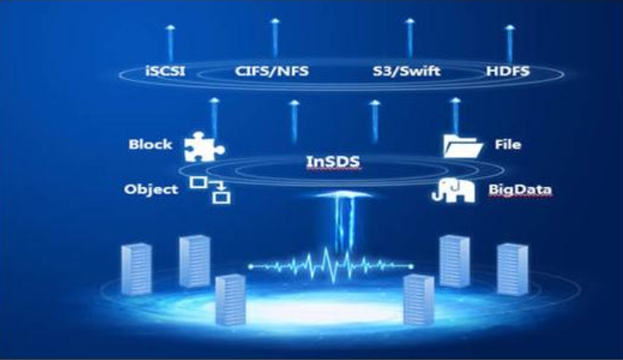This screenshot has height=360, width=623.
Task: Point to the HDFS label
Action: click(507, 73)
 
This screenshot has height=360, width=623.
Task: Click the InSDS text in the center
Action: click(333, 162)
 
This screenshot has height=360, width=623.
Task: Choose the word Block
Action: click(150, 145)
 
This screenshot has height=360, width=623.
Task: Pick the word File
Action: click(508, 145)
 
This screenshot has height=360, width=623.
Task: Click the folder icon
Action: click(462, 146)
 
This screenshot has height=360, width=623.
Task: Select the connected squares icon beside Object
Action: click(210, 190)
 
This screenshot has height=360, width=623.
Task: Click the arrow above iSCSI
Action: click(170, 42)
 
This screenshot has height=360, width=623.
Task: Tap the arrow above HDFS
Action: click(509, 42)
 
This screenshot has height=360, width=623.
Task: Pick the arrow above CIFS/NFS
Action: click(275, 36)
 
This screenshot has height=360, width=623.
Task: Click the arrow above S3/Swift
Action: click(410, 36)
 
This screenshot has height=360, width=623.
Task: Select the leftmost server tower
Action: click(135, 269)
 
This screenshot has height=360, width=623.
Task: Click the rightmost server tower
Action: click(513, 269)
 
